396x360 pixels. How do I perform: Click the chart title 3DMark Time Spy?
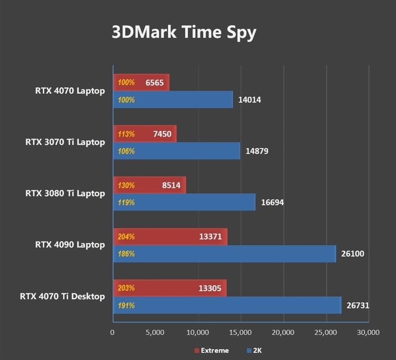184,32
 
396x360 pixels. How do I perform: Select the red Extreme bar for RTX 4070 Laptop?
142,83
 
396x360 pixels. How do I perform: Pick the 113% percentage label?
126,134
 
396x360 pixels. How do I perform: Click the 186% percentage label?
126,254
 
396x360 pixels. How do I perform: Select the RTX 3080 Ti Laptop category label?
65,193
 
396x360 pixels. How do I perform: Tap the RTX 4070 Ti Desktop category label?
62,296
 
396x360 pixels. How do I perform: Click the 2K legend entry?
256,350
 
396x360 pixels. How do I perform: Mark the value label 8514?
170,185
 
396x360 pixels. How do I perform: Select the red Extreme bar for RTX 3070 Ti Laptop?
145,134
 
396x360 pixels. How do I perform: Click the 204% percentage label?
126,236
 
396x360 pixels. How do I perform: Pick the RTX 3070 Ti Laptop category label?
65,142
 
